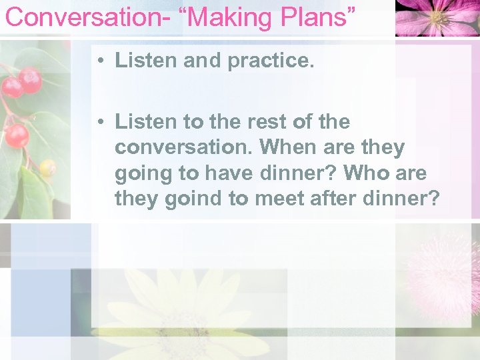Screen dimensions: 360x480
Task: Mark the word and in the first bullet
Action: tap(203, 61)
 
